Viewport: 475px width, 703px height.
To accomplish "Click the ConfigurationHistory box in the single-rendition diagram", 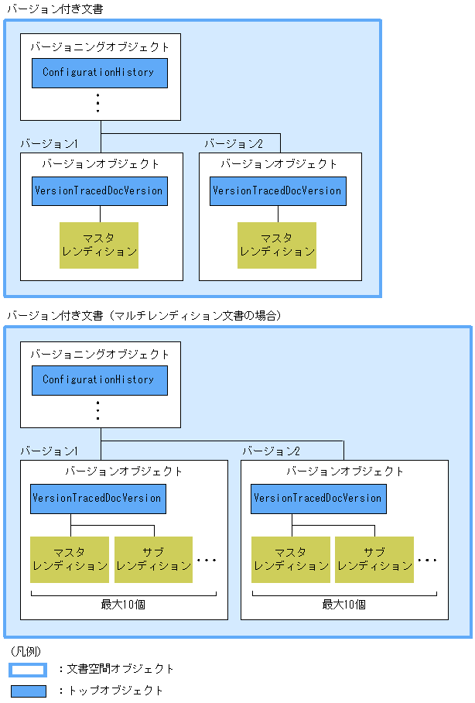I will (99, 73).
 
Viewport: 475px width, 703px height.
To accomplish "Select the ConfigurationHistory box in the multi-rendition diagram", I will (99, 380).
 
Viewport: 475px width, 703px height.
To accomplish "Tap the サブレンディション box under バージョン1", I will (153, 559).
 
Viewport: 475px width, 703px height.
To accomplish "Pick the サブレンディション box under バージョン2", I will (374, 559).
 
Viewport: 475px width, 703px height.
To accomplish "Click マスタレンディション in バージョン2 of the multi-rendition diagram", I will (290, 559).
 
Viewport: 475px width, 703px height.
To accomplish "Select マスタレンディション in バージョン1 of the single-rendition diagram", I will (99, 245).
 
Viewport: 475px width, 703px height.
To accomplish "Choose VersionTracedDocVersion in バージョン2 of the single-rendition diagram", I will (277, 190).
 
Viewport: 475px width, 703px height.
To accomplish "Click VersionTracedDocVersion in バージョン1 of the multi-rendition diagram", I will (97, 499).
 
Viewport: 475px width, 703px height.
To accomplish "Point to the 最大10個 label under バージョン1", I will (123, 604).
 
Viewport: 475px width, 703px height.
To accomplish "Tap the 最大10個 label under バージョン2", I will (343, 604).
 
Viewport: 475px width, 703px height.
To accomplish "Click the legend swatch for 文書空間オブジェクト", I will (28, 669).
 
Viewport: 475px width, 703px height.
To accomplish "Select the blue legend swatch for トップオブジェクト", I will (28, 691).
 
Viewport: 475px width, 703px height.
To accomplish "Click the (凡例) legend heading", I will (26, 651).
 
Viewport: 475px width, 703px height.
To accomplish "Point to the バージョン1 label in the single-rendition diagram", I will (49, 144).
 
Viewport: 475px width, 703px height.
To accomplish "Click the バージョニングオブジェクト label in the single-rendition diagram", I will (100, 46).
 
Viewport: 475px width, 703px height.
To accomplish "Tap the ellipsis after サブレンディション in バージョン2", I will (428, 560).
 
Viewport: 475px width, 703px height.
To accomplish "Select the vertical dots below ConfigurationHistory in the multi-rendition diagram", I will (98, 410).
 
